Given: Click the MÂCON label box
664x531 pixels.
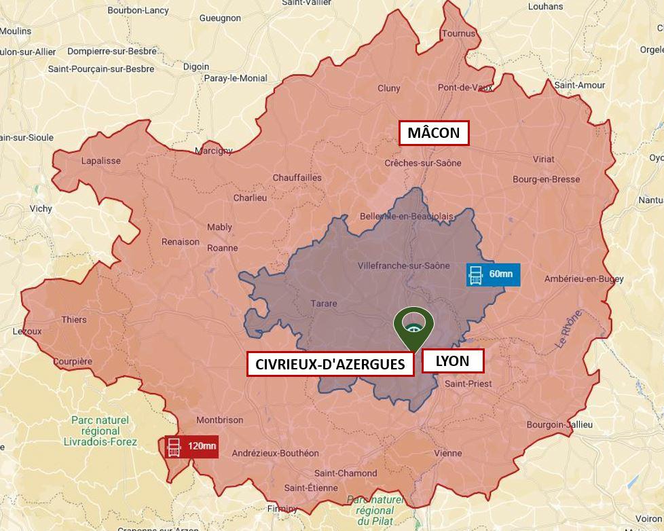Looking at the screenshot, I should point(433,133).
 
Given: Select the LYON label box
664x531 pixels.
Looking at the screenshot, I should point(453,361).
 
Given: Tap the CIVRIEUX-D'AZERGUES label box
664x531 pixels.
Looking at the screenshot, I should point(331,364).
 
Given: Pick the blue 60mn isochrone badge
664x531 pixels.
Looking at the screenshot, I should point(493,274).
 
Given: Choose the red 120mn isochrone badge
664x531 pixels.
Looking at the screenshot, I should point(191,446).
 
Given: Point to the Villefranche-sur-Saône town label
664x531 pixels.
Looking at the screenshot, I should point(403,265).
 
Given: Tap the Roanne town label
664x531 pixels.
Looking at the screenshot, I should point(222,248).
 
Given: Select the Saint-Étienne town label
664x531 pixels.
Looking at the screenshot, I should point(311,488).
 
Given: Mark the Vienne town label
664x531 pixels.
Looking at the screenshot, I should point(447,453).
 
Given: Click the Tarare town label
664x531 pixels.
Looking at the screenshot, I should point(323,304).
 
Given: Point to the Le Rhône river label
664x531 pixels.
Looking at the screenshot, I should point(569,329).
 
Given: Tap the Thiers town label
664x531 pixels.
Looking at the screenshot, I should point(74,320).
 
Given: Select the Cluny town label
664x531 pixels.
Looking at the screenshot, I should point(389,88).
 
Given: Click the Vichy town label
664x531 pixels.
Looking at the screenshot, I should point(41,208).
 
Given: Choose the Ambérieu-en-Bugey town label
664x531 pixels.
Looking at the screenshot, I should point(584,279).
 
